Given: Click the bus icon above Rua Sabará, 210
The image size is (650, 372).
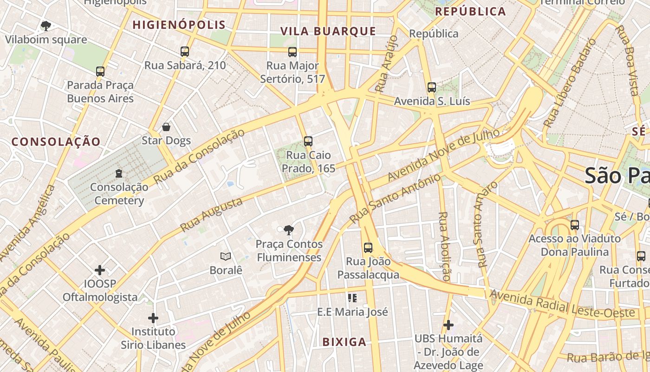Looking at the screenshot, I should point(185,52).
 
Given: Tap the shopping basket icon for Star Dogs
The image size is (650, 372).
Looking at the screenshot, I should point(166,127).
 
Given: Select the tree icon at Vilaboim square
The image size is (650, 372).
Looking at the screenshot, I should point(45,26).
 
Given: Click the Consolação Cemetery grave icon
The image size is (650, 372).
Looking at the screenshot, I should point(119,174).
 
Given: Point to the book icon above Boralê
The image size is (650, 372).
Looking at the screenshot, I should point(226,257).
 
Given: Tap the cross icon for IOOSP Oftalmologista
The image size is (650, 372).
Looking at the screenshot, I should point(100,270).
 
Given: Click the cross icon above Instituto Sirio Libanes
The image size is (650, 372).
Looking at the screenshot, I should point(153,318).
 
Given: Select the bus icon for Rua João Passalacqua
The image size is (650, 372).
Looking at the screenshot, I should point(368,248).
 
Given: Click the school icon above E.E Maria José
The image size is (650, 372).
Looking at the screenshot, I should point(352,298).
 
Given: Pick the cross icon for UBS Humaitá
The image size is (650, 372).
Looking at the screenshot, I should point(448,325).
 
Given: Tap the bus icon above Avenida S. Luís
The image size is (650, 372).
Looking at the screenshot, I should point(432,87).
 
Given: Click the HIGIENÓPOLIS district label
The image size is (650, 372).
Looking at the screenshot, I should point(179,25).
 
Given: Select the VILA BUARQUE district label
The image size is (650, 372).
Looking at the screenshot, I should point(328,31).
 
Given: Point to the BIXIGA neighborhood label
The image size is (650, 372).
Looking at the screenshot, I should point(344,342).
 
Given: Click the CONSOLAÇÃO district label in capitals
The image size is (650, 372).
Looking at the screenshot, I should point(56,142).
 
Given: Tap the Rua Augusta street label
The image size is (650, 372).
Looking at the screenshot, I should point(211,214).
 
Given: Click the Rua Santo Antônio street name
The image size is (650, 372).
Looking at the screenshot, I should point(395,199).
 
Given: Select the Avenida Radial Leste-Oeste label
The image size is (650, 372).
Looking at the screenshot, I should point(562,304).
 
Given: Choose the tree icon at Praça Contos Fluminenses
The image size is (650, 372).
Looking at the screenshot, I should point(289,230).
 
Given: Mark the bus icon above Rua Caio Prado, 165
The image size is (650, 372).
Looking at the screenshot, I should point(308,141).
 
